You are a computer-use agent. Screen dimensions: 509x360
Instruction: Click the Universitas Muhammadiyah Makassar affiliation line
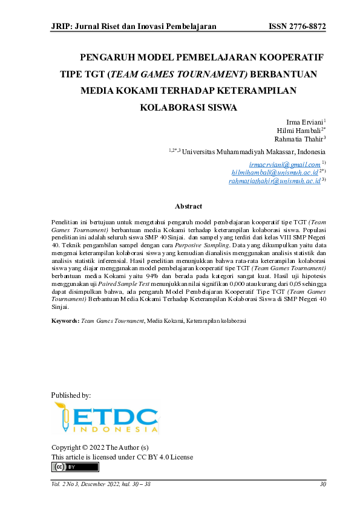click(254, 152)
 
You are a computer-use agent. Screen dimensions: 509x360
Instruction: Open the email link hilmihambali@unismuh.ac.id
click(275, 172)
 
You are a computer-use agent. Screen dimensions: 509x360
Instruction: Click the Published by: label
click(71, 395)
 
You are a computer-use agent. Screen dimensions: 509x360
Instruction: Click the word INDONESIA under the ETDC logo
click(115, 430)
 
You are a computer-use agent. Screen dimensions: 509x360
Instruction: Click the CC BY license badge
click(75, 467)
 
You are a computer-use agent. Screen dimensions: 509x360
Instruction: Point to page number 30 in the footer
click(322, 484)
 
